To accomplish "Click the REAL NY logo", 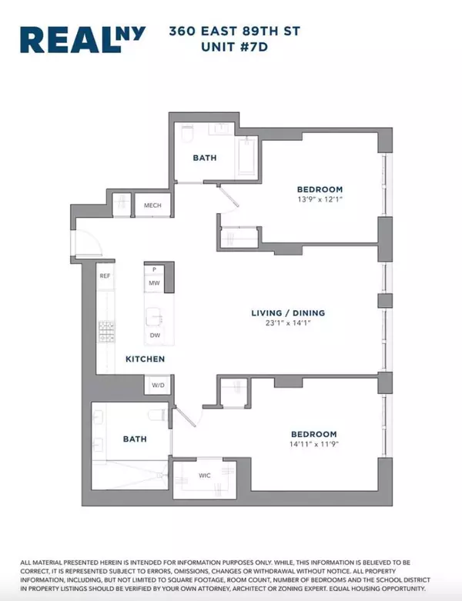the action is (83, 39).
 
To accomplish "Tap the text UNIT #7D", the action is (234, 47).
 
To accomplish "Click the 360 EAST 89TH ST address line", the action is (235, 31).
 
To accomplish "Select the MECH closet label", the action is (152, 205).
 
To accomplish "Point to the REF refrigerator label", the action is (105, 276).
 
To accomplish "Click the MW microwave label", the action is (154, 283).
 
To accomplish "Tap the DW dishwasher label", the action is (155, 336).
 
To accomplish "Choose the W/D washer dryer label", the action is (158, 385).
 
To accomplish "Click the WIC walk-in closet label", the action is (204, 476).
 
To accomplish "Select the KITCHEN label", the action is (146, 359).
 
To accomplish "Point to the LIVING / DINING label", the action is (288, 313).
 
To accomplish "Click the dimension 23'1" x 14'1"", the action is (288, 323).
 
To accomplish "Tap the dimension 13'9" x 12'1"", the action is (320, 199).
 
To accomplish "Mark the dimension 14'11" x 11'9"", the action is (314, 444).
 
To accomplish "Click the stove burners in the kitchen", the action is (106, 332).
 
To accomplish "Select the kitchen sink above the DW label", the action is (154, 316).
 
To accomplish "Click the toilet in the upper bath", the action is (187, 133).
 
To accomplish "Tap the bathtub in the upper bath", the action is (247, 157).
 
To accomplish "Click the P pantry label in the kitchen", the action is (154, 269).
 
